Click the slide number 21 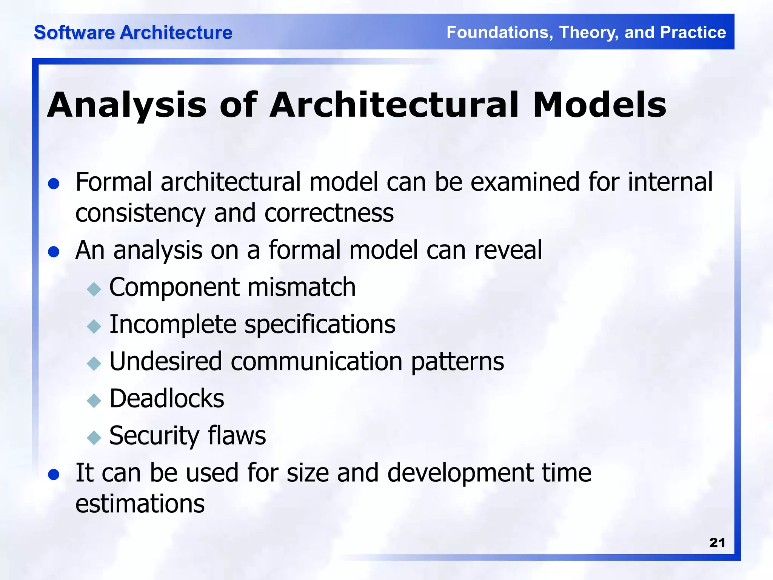(717, 543)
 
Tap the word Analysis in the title (127, 106)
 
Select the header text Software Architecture (133, 32)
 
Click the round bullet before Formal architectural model (54, 184)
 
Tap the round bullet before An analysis (54, 252)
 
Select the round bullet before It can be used (54, 475)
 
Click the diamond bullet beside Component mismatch (94, 290)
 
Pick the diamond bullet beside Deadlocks (94, 401)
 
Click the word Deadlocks (166, 398)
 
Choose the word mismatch (302, 287)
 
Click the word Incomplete (172, 325)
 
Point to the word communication (316, 361)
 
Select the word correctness (329, 213)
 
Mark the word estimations (140, 504)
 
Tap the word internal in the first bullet (670, 182)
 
